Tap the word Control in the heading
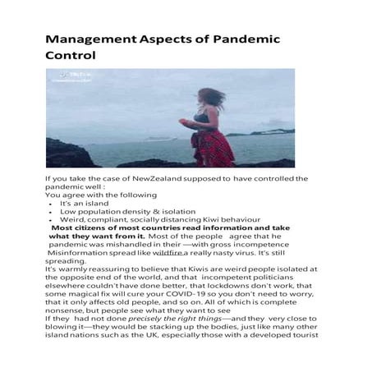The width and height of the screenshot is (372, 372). (71, 57)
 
